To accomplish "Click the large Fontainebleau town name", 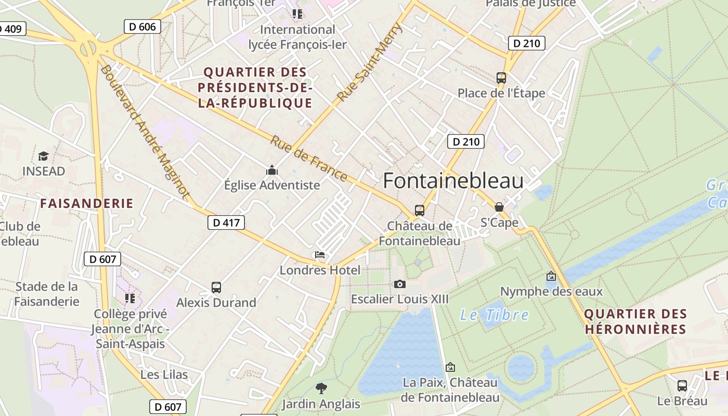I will coord(453,180).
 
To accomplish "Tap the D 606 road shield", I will coord(143,27).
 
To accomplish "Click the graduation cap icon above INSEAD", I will coord(44,156).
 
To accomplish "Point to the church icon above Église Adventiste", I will coord(271,170).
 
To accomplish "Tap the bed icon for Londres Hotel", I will coord(320,255).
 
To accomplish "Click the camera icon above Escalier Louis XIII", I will coord(399,284).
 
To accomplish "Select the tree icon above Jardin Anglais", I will coord(321,388).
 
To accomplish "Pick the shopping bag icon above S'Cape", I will coord(499,207).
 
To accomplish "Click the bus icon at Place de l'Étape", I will coord(501,78).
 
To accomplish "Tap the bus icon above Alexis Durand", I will coord(216,287).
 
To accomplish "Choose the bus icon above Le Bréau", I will coord(682,386).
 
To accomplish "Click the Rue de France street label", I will coord(309,159).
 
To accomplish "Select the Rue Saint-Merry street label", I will coord(370,62).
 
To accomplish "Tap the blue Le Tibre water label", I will coord(494,315).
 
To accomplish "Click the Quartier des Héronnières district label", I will coord(635,321).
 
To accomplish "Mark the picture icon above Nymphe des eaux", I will coord(551,277).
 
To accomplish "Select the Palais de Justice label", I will coord(530,4).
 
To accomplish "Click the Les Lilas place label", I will coord(164,374).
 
